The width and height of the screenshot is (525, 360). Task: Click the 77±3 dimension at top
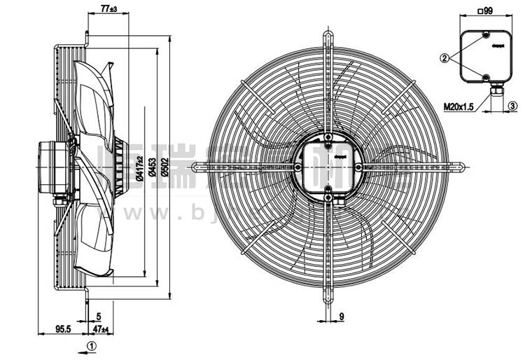click(108, 8)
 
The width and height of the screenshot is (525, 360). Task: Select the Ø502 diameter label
click(165, 167)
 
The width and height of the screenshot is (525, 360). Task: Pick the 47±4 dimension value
click(100, 328)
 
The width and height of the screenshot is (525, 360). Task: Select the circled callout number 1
click(91, 345)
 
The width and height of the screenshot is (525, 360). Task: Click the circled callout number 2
click(444, 59)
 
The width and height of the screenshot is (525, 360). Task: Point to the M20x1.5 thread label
click(458, 106)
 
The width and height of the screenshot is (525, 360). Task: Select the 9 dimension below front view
click(341, 317)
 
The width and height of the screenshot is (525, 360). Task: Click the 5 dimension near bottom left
click(99, 317)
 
